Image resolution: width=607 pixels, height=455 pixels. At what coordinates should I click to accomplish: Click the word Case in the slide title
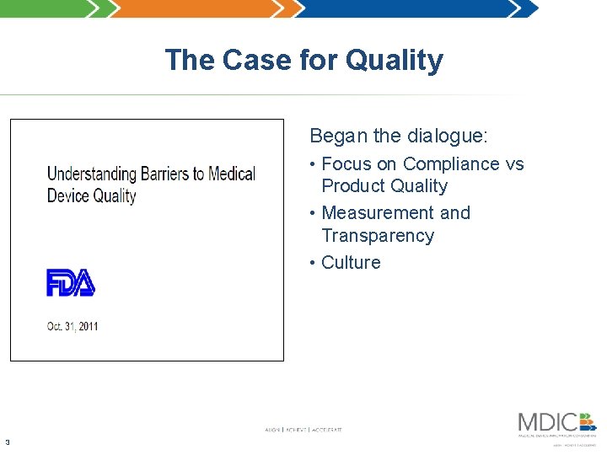point(254,61)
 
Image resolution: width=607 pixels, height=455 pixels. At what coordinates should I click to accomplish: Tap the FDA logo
point(71,282)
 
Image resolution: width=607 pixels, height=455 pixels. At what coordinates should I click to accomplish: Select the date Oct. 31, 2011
point(73,326)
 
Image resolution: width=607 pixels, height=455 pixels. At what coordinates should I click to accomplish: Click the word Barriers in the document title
point(164,174)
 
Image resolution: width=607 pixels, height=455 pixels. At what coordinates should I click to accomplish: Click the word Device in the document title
point(67,195)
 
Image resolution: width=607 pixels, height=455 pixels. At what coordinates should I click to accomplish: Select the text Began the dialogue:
point(399,136)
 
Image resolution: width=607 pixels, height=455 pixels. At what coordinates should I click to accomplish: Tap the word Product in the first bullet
point(354,185)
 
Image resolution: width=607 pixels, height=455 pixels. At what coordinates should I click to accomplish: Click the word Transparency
point(378,235)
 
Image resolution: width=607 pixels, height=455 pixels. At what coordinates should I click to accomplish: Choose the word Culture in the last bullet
point(351,262)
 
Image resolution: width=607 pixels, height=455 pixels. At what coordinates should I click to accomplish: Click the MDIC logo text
point(548,421)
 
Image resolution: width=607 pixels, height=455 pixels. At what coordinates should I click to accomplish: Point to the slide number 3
point(7,442)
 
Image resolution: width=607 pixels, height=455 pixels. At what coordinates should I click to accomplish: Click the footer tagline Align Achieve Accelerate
point(303,430)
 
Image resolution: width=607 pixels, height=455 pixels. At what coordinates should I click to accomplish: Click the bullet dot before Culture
point(313,262)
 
